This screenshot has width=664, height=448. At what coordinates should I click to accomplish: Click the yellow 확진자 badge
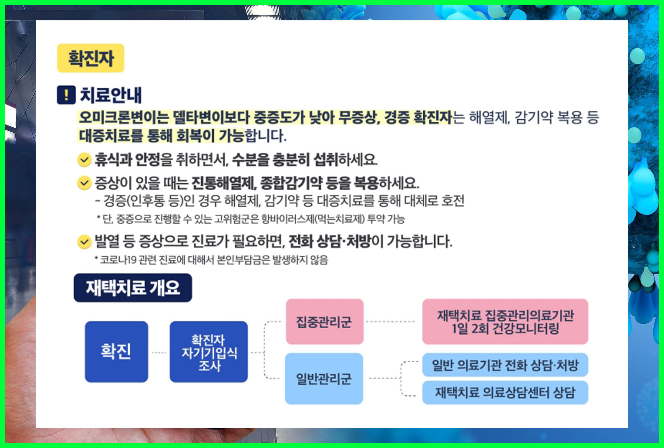pyautogui.click(x=90, y=58)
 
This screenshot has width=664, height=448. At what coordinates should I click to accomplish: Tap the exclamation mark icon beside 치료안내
pyautogui.click(x=66, y=95)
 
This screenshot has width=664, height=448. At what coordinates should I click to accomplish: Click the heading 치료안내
pyautogui.click(x=111, y=95)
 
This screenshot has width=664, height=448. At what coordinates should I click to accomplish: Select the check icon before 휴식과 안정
pyautogui.click(x=84, y=160)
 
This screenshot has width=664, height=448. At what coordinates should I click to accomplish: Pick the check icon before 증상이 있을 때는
pyautogui.click(x=84, y=183)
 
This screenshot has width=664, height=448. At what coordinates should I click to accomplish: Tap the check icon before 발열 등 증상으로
pyautogui.click(x=84, y=242)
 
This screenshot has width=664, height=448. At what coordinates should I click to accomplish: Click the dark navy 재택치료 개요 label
pyautogui.click(x=133, y=288)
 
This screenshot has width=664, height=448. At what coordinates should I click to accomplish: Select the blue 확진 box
pyautogui.click(x=116, y=351)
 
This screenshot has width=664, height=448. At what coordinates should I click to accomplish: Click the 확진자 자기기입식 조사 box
pyautogui.click(x=209, y=352)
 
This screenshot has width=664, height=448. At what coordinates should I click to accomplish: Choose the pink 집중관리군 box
pyautogui.click(x=324, y=321)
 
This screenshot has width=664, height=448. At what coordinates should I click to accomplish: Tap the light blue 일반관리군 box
pyautogui.click(x=324, y=379)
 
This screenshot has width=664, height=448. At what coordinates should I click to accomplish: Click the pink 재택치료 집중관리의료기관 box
pyautogui.click(x=505, y=321)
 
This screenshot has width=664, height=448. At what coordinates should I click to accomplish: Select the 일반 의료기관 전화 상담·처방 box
pyautogui.click(x=505, y=365)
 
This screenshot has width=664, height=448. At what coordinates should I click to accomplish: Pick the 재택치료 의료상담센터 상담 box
pyautogui.click(x=505, y=392)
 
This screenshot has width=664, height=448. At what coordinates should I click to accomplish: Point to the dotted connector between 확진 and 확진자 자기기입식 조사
pyautogui.click(x=159, y=352)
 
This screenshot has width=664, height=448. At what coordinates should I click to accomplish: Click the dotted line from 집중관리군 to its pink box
pyautogui.click(x=390, y=321)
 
